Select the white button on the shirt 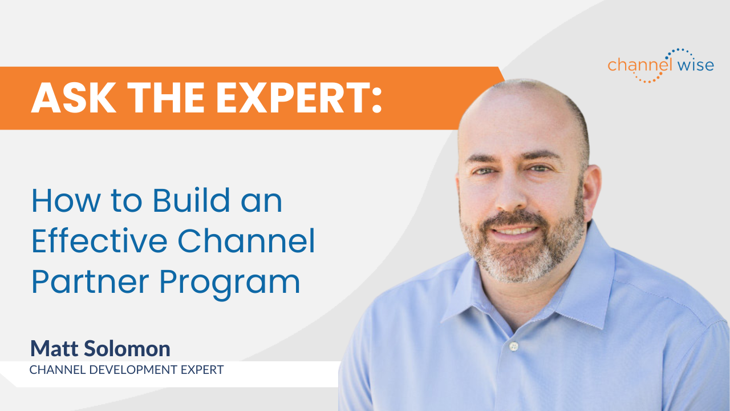click(x=514, y=346)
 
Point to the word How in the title click(x=57, y=202)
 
